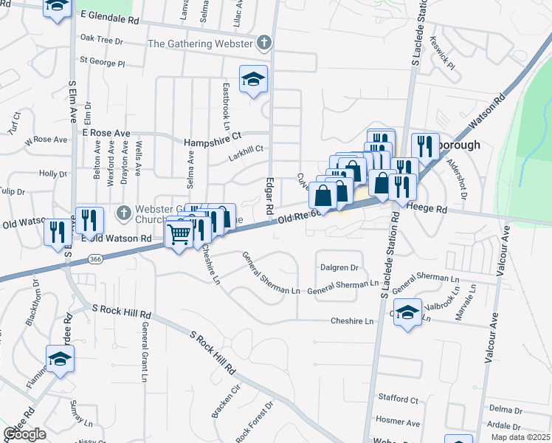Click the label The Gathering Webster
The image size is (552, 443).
pyautogui.click(x=201, y=44)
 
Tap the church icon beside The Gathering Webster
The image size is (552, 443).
pyautogui.click(x=263, y=44)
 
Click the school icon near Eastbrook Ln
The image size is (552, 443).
pyautogui.click(x=253, y=80)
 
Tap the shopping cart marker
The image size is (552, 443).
pyautogui.click(x=179, y=235)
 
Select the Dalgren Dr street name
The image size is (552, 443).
pyautogui.click(x=339, y=267)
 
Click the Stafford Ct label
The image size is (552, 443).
pyautogui.click(x=398, y=399)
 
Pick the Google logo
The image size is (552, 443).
pyautogui.click(x=24, y=434)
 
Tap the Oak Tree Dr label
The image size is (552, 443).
pyautogui.click(x=101, y=38)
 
